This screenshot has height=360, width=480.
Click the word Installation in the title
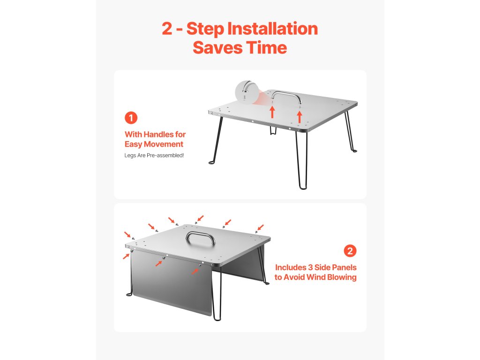coord(272,29)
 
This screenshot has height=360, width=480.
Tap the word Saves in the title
coord(217,48)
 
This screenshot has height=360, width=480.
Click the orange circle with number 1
coord(131,118)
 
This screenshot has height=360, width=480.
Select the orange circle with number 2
coord(350,251)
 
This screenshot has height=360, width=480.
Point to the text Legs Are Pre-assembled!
coord(154,156)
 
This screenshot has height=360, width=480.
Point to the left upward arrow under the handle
coord(272,112)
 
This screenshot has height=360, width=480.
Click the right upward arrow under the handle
coord(300,117)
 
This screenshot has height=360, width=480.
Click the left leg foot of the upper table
coord(212,162)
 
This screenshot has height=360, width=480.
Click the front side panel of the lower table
coord(172,282)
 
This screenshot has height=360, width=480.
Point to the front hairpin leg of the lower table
coord(217,293)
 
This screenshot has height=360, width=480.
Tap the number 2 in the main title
coord(167,29)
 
